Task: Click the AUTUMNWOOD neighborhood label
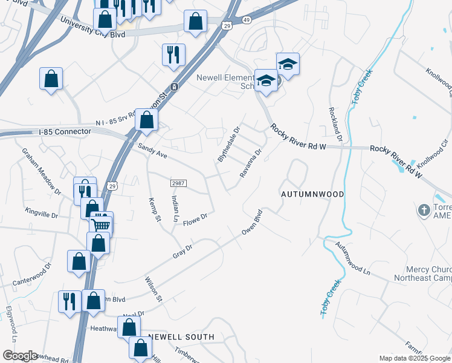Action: point(312,194)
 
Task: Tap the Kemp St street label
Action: point(153,211)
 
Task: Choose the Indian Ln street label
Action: point(175,208)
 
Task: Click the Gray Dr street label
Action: point(182,249)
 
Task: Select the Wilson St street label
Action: point(153,290)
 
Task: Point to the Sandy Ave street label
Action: point(152,150)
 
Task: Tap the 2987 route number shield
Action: point(178,183)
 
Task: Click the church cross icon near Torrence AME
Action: point(424,211)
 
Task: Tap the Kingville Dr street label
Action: point(41,213)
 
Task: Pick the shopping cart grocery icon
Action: point(100,224)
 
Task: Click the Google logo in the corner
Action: point(20,356)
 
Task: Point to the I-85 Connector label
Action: point(63,132)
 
